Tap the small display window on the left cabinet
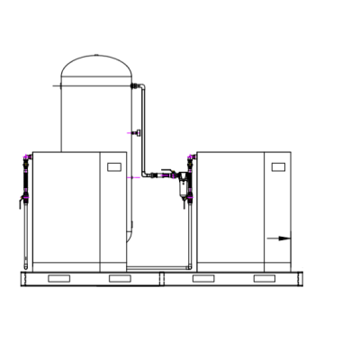[113, 166]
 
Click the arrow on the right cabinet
[281, 238]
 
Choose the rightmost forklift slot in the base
[264, 279]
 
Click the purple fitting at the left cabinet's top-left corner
[26, 160]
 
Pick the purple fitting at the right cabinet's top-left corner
[190, 160]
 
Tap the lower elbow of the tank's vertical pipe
[143, 174]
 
